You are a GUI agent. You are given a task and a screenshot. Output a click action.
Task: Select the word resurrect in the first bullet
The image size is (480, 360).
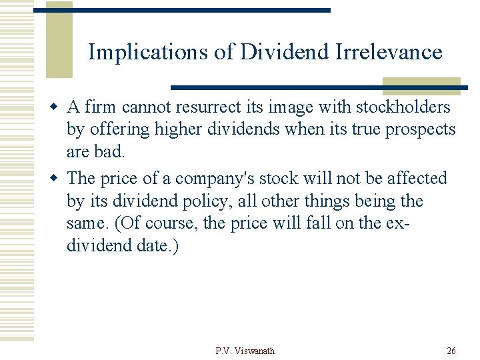[207, 107]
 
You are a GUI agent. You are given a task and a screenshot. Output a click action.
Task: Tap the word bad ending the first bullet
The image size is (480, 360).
[111, 151]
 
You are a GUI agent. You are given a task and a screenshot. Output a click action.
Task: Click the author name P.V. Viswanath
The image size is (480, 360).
[245, 351]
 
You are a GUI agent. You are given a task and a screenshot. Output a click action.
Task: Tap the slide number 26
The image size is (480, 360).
[451, 351]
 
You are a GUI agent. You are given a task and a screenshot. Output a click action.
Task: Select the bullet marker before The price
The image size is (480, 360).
[58, 179]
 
